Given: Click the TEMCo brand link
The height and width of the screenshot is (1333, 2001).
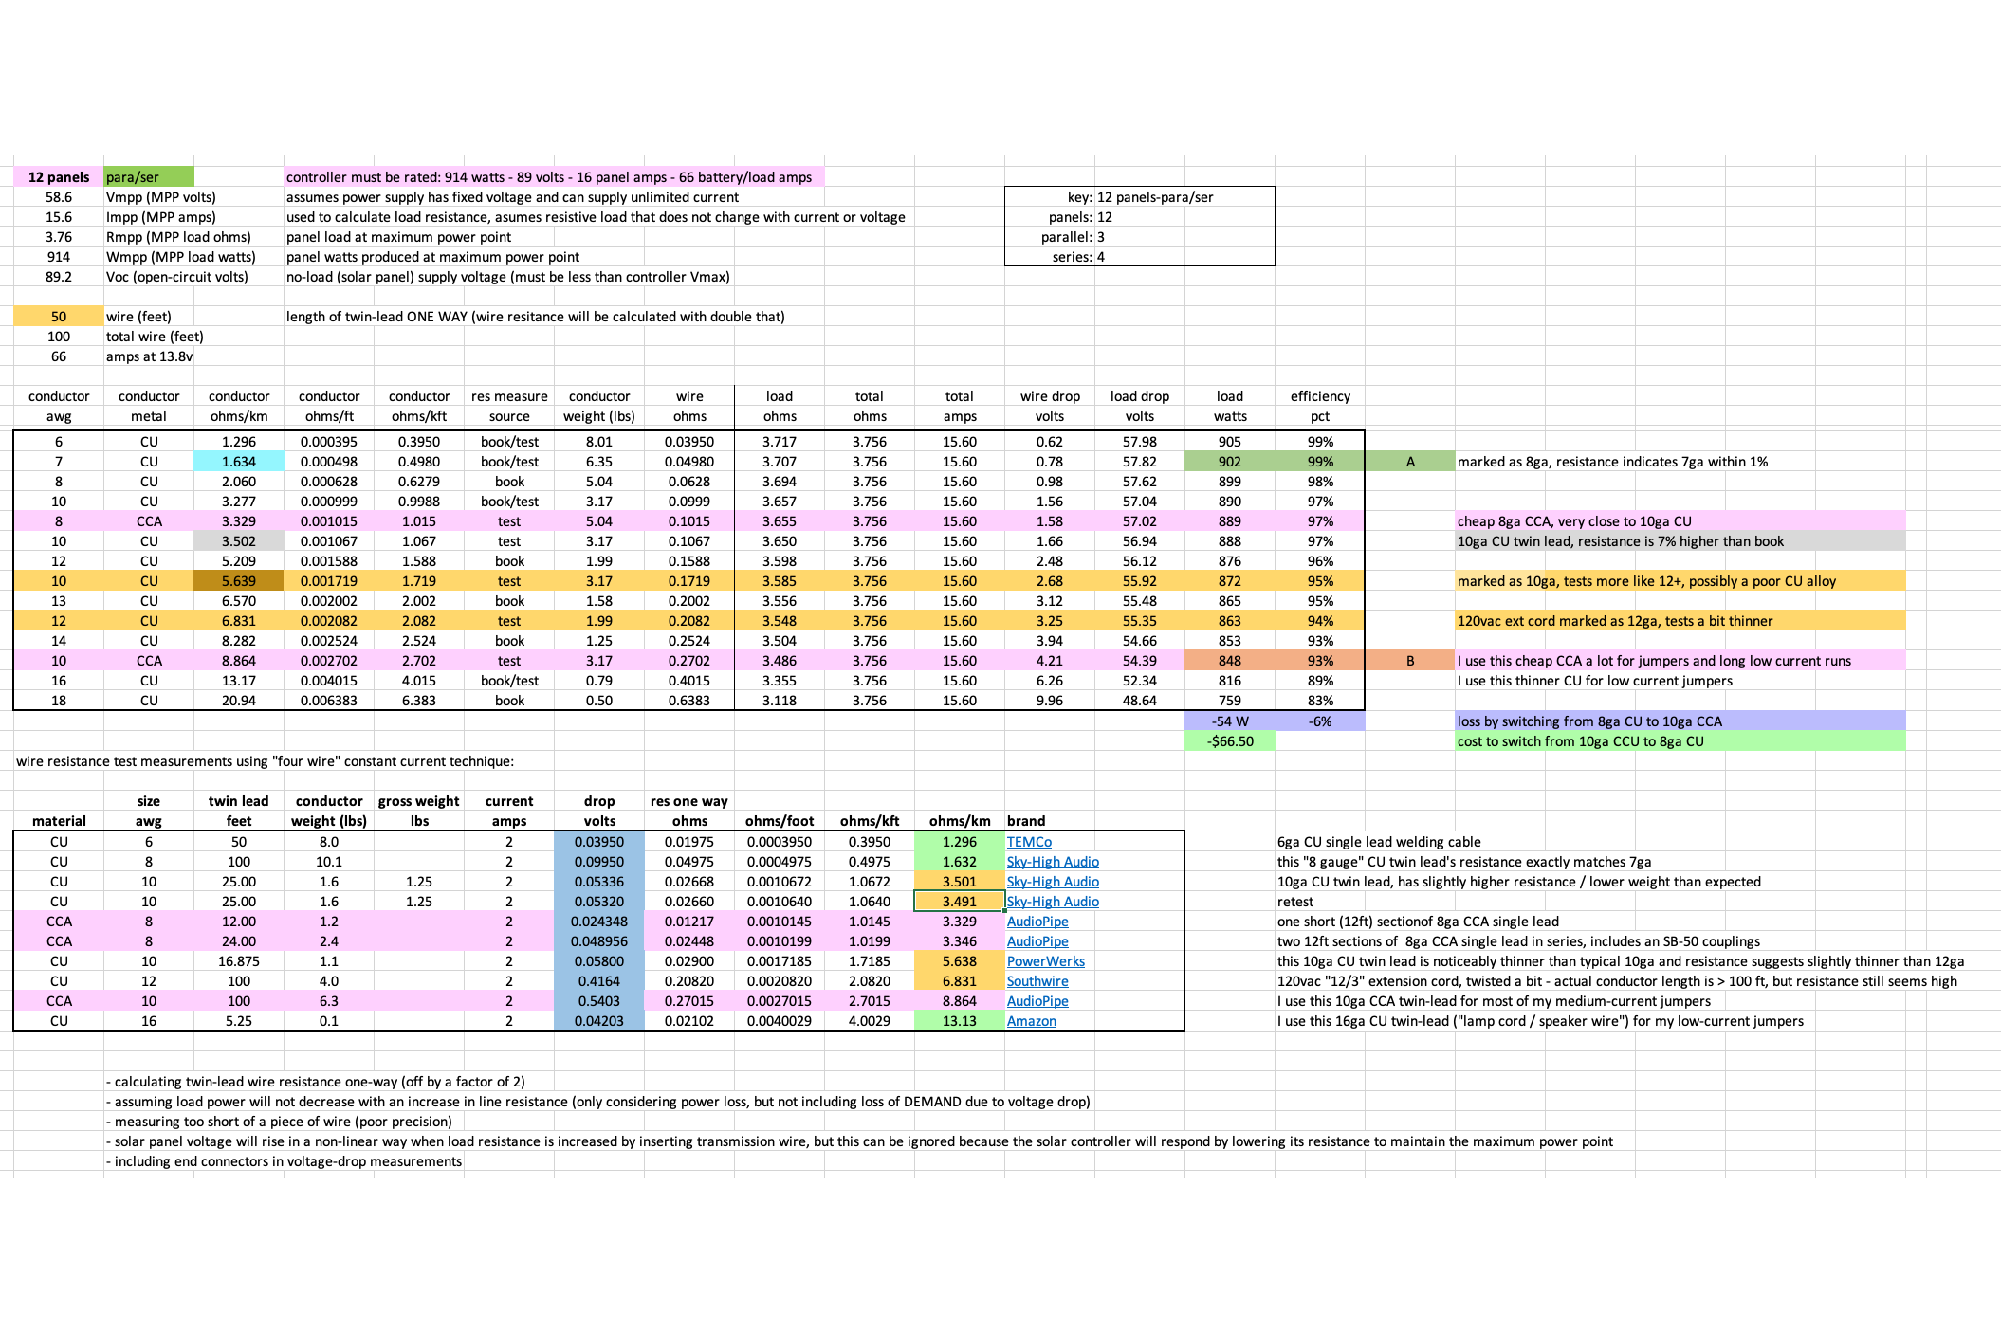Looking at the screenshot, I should tap(1029, 842).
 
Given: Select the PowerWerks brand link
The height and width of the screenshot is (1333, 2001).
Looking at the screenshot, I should tap(1045, 961).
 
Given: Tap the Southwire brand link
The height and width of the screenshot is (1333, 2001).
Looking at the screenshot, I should tap(1037, 981).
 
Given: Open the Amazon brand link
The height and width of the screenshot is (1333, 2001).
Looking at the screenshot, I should tap(1031, 1021).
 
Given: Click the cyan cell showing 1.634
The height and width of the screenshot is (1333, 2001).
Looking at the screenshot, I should tap(239, 462).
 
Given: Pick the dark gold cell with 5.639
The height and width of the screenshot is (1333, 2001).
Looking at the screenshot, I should tap(239, 581).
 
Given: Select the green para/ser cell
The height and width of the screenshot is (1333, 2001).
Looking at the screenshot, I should tap(148, 177).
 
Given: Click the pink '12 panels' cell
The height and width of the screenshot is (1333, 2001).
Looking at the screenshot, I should tap(59, 177).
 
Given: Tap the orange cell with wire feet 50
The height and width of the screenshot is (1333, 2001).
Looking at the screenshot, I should tap(59, 317).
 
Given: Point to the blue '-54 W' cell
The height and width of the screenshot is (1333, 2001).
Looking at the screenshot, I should tap(1230, 721).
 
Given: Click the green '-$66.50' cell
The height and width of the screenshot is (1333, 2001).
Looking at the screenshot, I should tap(1230, 741).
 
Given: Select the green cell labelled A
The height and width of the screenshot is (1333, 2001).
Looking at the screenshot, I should tap(1410, 462).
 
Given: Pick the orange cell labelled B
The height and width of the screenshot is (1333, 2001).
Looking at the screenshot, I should tap(1410, 661).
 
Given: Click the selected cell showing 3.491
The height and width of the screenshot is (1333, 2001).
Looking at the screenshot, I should tap(959, 902).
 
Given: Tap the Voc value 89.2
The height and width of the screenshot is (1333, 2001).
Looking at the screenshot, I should tap(59, 277).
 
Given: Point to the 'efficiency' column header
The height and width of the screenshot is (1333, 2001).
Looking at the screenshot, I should tap(1320, 396).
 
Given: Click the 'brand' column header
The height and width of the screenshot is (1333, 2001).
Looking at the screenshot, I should tap(1026, 821).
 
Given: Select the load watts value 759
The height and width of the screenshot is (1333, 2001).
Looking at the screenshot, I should tap(1230, 701).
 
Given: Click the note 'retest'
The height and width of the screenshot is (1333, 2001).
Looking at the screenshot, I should tap(1295, 902).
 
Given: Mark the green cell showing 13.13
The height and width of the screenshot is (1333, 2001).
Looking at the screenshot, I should tap(959, 1021).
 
